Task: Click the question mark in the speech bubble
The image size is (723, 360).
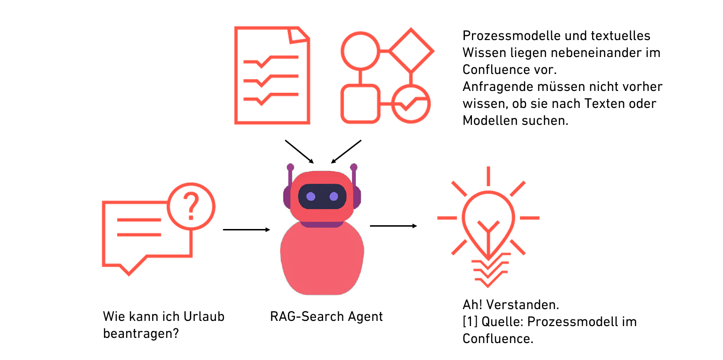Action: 190,206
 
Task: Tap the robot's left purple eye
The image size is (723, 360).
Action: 311,196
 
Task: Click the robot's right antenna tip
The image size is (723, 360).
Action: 354,167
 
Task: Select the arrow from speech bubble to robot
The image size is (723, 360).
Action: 246,229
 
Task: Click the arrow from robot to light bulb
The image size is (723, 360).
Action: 393,226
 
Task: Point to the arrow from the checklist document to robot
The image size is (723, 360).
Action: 299,151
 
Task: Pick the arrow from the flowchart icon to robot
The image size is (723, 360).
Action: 346,151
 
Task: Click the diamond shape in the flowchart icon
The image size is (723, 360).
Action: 411,50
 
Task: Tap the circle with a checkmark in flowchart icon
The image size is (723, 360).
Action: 411,104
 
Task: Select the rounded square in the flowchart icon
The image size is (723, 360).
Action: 360,104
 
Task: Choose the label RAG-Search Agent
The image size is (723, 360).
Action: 326,316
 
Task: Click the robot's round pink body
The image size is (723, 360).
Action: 322,259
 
